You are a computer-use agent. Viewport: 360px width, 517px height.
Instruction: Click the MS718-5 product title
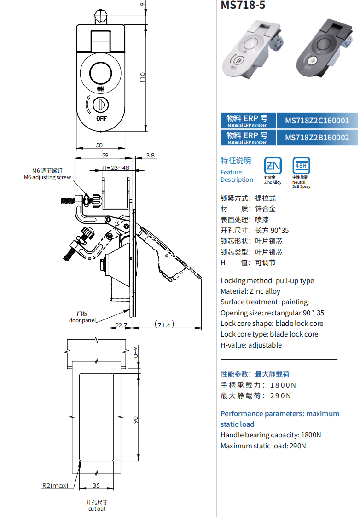tap(243, 6)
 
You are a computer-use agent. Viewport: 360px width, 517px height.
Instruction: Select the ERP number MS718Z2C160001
tap(317, 121)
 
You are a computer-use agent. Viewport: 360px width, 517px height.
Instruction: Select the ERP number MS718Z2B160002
tap(317, 138)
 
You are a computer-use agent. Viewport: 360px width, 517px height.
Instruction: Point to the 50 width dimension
tap(99, 145)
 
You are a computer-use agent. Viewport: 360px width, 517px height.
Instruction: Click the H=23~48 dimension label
tap(116, 168)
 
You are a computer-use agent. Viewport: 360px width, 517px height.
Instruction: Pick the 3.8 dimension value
tap(150, 156)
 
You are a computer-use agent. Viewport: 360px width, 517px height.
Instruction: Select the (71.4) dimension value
tap(164, 325)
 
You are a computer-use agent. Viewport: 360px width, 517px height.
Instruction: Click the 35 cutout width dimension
tap(96, 485)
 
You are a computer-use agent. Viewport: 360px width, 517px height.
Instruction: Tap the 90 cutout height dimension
tap(135, 419)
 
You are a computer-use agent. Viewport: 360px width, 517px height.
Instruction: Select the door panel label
tap(83, 320)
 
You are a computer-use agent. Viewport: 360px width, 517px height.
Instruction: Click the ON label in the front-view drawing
tap(101, 88)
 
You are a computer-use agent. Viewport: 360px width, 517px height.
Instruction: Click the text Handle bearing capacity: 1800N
tap(271, 435)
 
